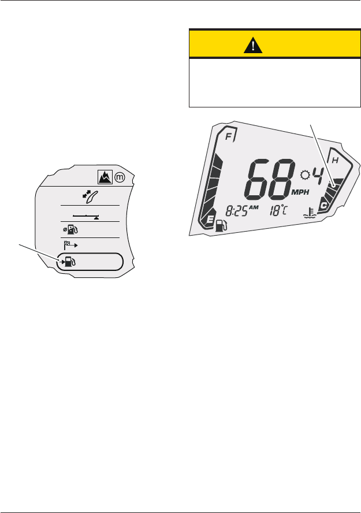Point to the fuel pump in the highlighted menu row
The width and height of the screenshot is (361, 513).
pyautogui.click(x=68, y=262)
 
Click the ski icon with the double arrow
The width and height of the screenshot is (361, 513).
pyautogui.click(x=91, y=196)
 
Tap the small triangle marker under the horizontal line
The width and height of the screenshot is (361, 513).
pyautogui.click(x=96, y=218)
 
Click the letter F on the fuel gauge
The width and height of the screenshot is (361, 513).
pyautogui.click(x=230, y=137)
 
